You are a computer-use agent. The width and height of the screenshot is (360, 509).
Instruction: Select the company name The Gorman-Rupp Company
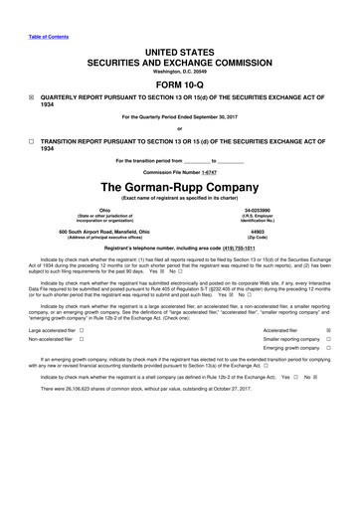[179, 187]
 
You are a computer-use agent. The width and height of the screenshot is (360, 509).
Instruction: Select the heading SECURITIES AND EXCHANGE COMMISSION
[179, 59]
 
